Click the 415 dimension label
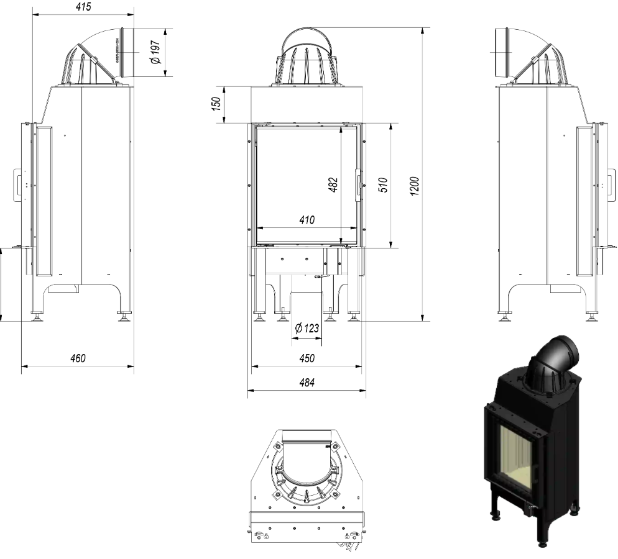coord(81,7)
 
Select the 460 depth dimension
coord(77,358)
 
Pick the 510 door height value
coord(384,186)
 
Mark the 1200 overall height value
coord(415,186)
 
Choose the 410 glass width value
coord(307,219)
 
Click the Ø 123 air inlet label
coord(307,328)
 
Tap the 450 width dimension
coord(307,358)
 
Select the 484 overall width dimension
coord(307,383)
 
